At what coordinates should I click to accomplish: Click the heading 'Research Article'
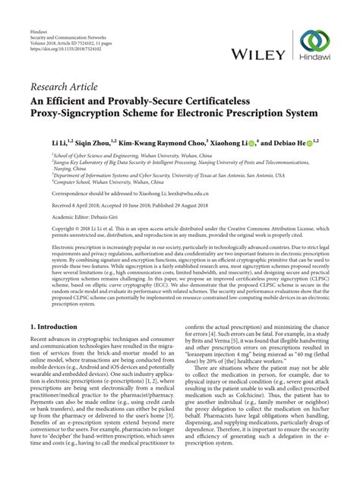tap(66, 93)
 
